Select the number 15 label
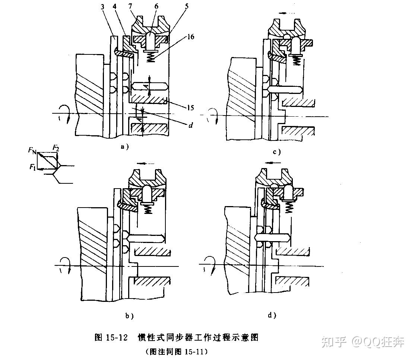tap(190, 108)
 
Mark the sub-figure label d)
tap(272, 316)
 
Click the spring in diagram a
tap(150, 57)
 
